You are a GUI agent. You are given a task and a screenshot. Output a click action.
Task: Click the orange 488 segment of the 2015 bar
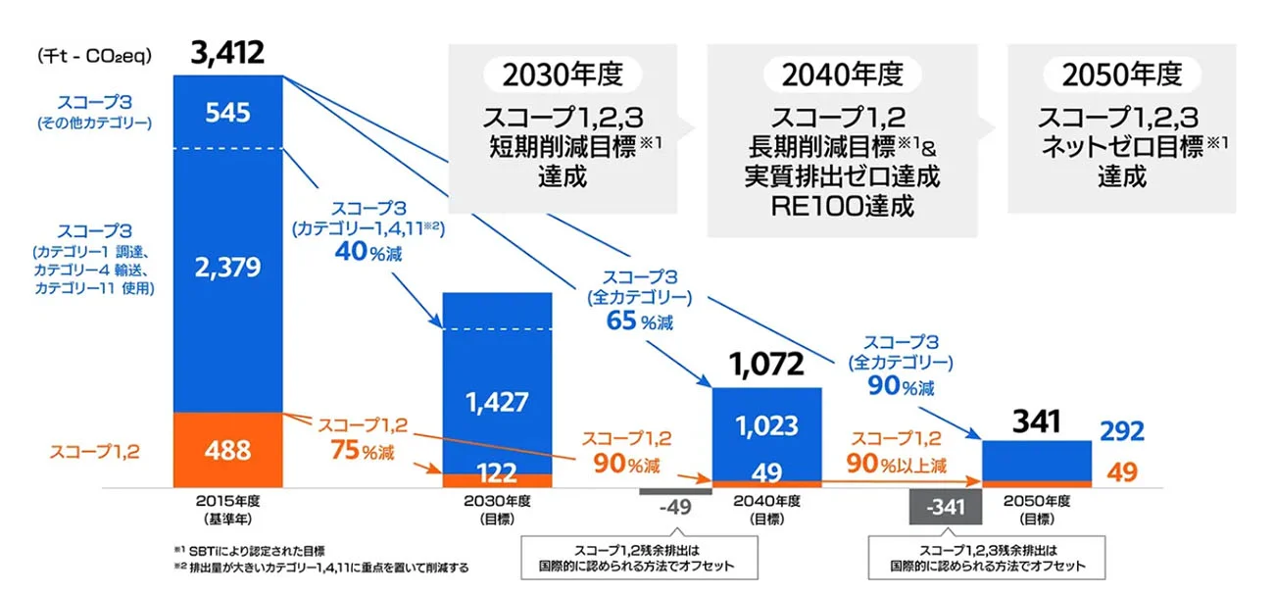click(x=226, y=450)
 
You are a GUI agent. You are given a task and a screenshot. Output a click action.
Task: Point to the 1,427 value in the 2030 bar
click(x=497, y=402)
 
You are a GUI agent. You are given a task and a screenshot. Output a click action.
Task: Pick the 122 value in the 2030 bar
click(x=497, y=473)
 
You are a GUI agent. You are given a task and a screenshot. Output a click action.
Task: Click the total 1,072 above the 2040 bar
click(x=767, y=365)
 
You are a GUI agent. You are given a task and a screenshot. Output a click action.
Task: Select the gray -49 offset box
click(x=675, y=507)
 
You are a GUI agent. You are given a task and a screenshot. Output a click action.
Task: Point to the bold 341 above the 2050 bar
click(x=1037, y=421)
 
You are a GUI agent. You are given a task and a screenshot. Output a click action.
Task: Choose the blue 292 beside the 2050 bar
click(x=1120, y=431)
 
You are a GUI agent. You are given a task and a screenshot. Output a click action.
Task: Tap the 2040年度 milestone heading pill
click(x=841, y=74)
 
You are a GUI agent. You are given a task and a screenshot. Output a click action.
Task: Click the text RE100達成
click(x=841, y=207)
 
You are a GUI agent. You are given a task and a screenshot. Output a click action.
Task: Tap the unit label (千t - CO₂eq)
click(x=96, y=56)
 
